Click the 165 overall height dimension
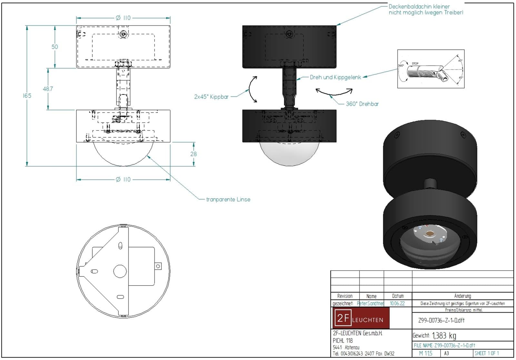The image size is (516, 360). tap(27, 95)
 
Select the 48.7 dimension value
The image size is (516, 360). tap(48, 89)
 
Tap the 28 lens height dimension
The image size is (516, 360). tap(193, 154)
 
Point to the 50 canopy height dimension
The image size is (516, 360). tap(55, 47)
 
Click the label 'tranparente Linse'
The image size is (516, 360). tap(228, 199)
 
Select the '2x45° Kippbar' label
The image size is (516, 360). tap(211, 97)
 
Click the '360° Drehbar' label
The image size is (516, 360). tap(362, 104)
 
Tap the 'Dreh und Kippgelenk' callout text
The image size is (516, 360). tap(335, 77)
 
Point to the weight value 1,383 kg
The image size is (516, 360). tap(444, 335)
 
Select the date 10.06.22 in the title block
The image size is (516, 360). tap(397, 304)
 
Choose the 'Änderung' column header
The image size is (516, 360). tap(462, 296)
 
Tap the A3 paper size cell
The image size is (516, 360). tap(447, 353)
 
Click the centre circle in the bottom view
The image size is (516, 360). tap(120, 271)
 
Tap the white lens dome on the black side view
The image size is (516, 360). tap(289, 154)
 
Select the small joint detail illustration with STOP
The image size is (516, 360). tap(431, 69)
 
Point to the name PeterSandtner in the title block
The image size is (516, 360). tap(370, 304)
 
